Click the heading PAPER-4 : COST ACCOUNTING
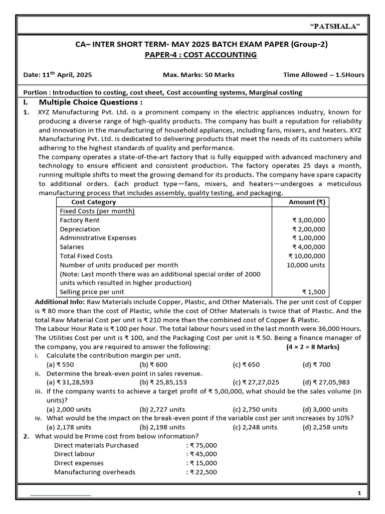coord(192,54)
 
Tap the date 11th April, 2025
coord(58,75)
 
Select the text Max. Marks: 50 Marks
coord(199,75)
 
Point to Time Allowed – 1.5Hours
coord(324,75)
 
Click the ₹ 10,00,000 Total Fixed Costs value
coord(307,256)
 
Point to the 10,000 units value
coord(306,265)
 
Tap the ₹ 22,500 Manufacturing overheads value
coord(202,472)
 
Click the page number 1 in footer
coord(359,493)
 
